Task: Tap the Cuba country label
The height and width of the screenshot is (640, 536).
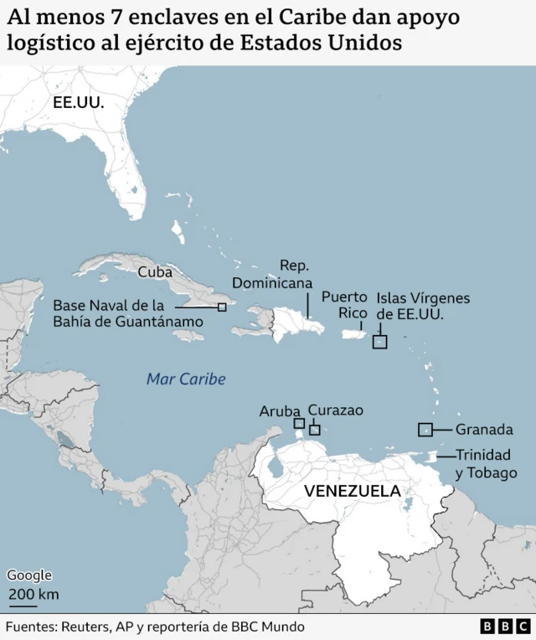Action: (155, 271)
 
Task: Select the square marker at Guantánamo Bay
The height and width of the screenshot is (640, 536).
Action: (222, 307)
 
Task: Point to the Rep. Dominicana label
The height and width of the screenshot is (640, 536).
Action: (266, 274)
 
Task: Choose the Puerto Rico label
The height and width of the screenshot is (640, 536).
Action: (344, 304)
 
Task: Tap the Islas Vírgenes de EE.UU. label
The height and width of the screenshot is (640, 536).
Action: (423, 306)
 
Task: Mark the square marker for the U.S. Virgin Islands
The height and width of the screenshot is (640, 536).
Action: (379, 342)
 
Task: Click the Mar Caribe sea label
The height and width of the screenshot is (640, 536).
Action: (186, 379)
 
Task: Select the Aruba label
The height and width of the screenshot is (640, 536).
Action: (280, 410)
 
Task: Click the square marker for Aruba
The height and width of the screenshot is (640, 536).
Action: (299, 423)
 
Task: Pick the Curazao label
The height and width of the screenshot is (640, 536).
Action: (336, 410)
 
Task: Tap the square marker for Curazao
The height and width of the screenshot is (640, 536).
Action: (315, 430)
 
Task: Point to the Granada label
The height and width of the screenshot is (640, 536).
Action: (484, 430)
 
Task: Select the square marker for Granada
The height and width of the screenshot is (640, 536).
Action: (425, 430)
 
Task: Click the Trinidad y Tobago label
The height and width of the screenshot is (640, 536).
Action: (487, 464)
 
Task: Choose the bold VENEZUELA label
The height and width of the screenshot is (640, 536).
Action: (352, 491)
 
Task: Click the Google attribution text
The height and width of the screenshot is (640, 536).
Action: (29, 575)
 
